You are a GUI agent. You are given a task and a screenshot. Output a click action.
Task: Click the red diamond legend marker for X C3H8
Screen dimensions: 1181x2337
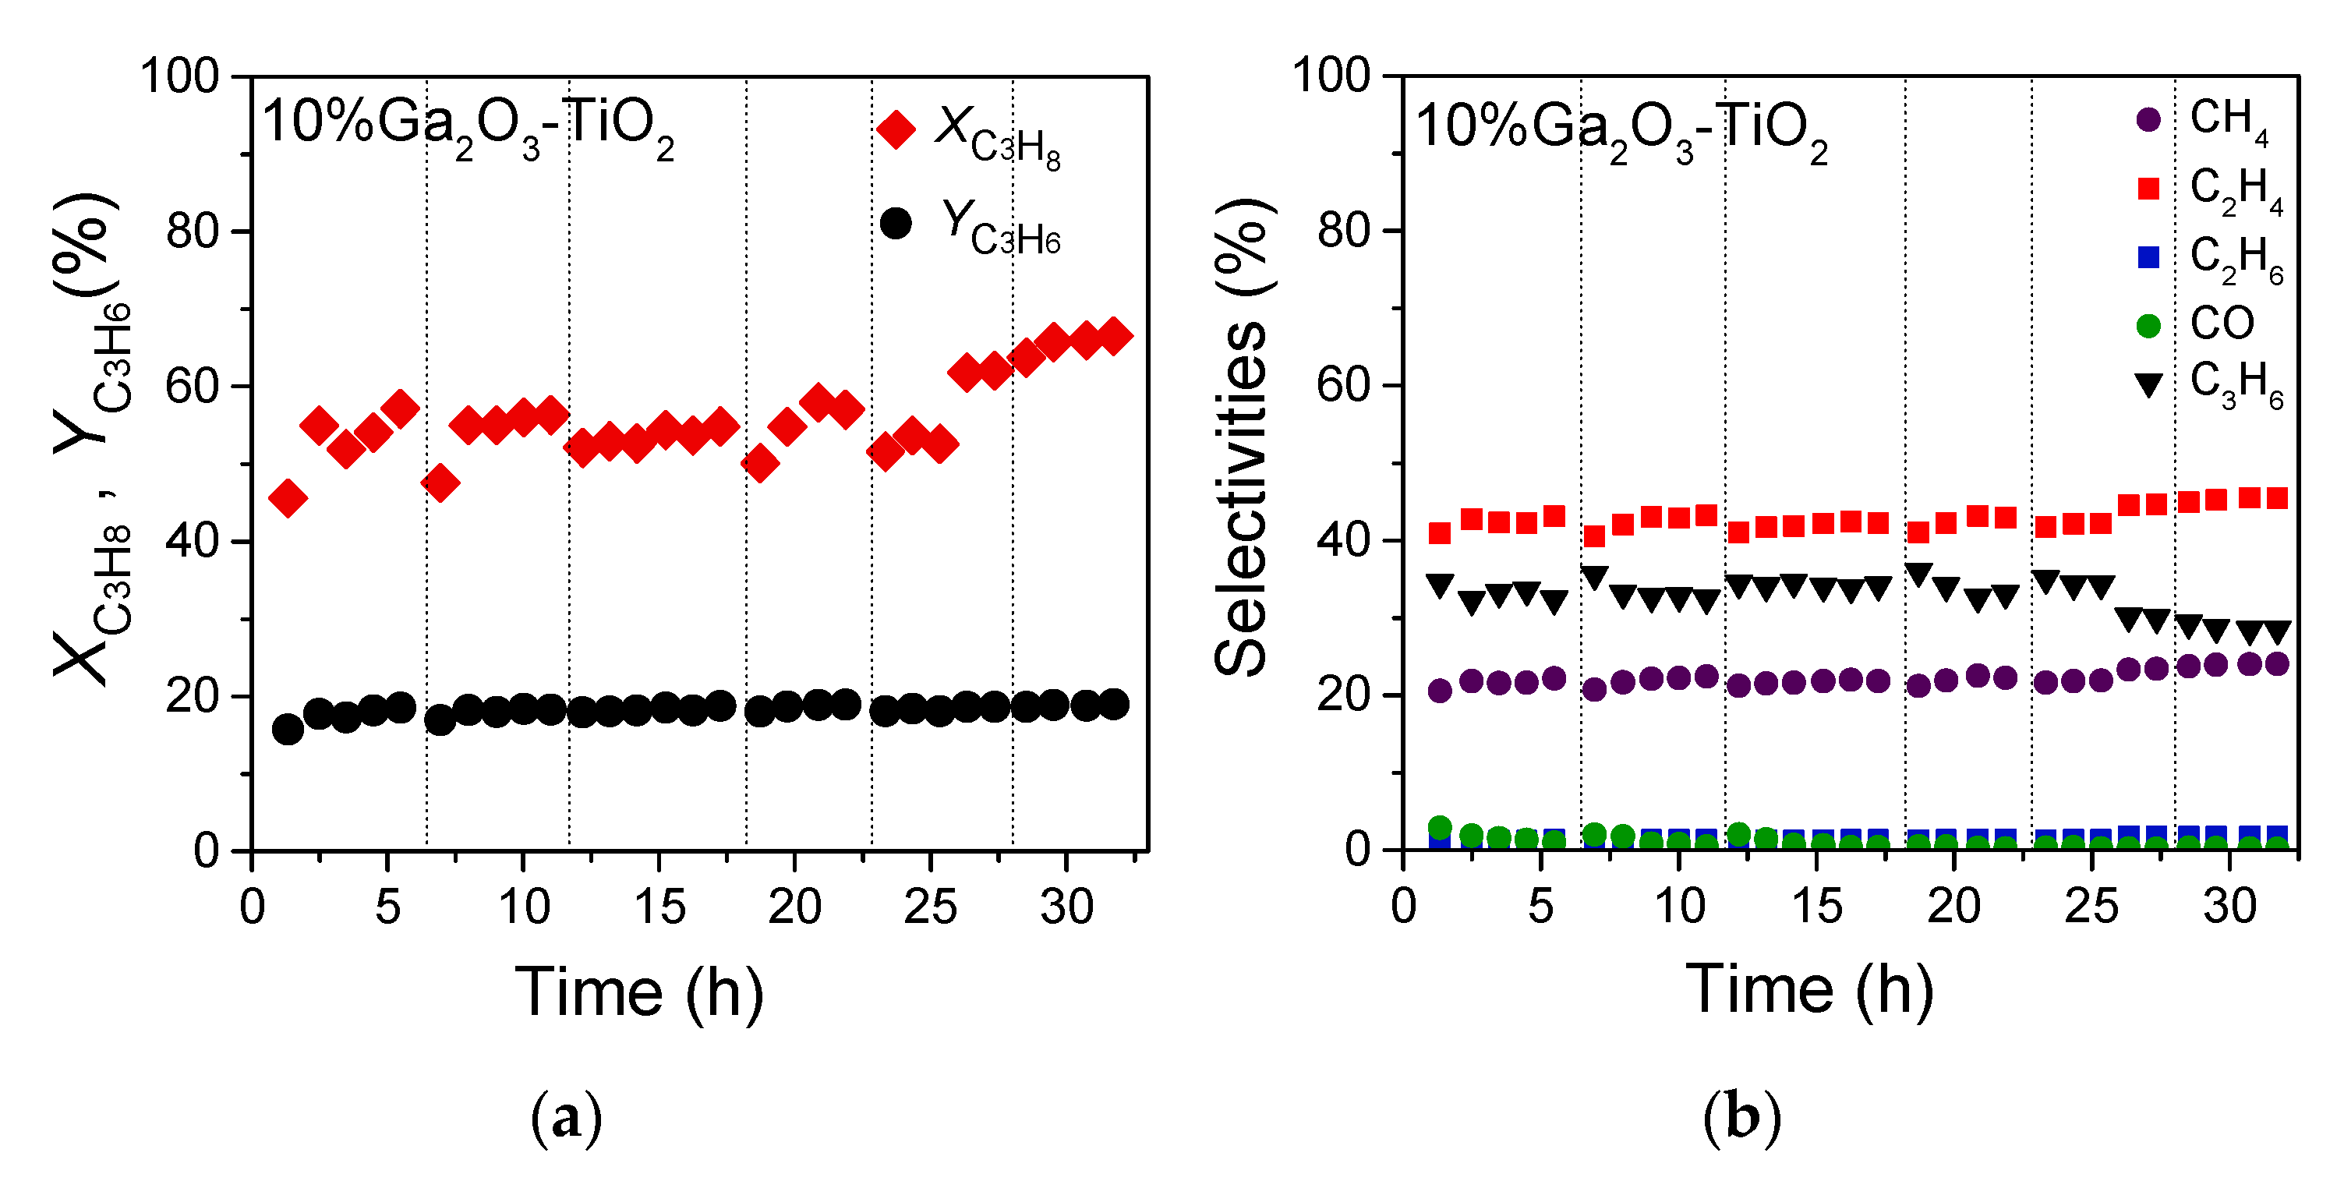tap(896, 129)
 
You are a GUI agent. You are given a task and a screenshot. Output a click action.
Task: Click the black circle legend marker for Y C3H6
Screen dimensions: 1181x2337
tap(896, 223)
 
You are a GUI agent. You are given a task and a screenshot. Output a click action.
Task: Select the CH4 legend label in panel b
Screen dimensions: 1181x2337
tap(2228, 120)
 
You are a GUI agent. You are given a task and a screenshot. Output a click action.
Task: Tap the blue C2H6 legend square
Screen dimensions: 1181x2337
tap(2148, 257)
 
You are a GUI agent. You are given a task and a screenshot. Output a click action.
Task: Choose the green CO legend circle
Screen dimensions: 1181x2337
tap(2148, 326)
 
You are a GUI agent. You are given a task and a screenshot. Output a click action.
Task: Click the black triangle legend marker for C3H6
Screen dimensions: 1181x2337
tap(2148, 386)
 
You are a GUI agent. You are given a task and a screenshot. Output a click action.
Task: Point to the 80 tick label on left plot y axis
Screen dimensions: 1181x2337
tap(193, 232)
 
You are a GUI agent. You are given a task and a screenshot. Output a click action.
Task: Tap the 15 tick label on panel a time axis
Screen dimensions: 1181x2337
tap(659, 906)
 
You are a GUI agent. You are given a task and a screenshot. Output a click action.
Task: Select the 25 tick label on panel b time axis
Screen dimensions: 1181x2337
tap(2090, 906)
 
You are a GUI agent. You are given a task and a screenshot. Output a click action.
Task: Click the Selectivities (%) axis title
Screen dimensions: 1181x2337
tap(1243, 436)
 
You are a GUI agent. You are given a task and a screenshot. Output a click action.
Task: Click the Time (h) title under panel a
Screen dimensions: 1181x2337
tap(638, 992)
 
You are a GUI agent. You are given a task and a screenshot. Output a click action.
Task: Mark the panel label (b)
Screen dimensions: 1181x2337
tap(1742, 1118)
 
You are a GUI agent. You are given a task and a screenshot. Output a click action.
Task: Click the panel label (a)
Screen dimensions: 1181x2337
tap(566, 1118)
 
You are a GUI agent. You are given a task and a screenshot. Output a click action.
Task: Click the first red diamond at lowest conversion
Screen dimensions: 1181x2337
tap(288, 498)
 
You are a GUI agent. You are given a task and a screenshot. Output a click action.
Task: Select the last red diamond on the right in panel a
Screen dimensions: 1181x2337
tap(1114, 337)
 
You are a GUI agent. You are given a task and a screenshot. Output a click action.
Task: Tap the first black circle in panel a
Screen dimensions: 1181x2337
tap(288, 730)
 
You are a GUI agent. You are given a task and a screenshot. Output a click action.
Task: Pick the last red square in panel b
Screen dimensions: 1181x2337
tap(2277, 498)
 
